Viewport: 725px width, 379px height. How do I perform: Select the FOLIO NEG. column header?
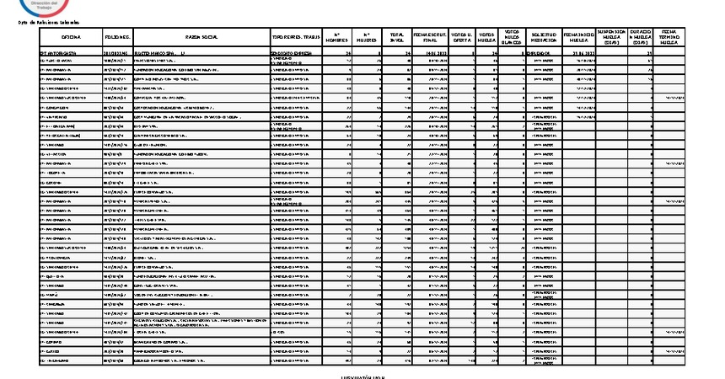(117, 38)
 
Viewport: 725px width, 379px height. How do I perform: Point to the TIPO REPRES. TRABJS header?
(295, 38)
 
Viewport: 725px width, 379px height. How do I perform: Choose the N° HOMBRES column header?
(337, 38)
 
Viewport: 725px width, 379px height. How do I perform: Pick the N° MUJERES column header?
(368, 38)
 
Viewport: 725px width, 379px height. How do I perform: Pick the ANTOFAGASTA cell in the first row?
(61, 52)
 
